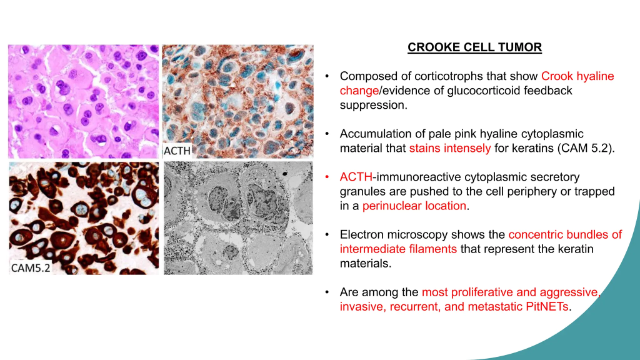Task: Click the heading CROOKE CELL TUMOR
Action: point(475,47)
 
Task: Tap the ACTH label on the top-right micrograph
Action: point(177,151)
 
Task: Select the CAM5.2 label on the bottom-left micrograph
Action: point(31,267)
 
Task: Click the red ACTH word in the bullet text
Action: point(356,177)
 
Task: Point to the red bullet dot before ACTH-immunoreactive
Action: point(327,177)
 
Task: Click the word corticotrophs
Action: point(449,76)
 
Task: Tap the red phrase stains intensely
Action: point(450,148)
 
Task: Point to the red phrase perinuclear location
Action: point(414,206)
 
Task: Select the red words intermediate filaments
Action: point(398,249)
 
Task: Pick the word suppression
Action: point(374,105)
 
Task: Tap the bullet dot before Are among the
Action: point(327,292)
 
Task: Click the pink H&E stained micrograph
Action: point(84,102)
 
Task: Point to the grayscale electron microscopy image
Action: point(238,218)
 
